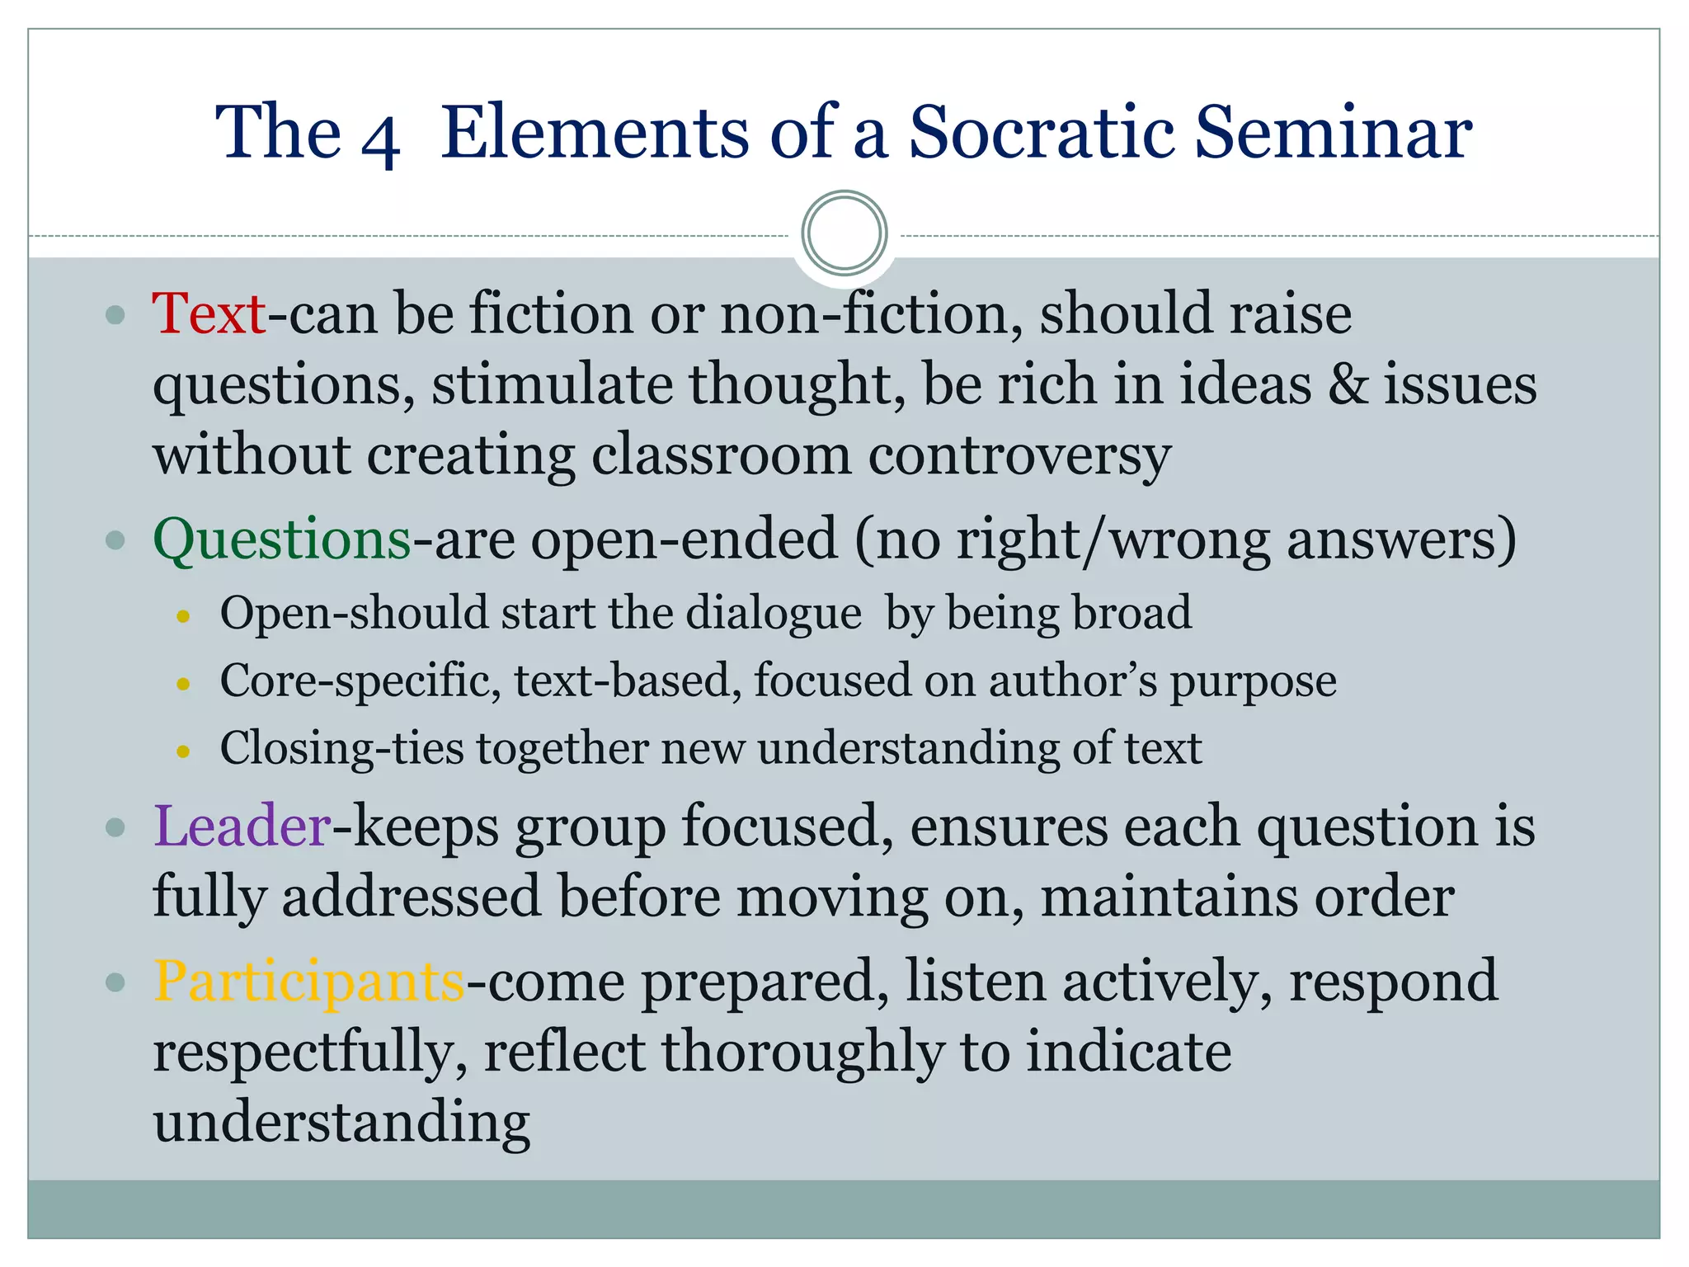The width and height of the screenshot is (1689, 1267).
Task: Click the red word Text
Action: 209,314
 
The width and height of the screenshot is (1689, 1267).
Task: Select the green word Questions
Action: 282,540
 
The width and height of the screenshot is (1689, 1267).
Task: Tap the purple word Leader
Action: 242,827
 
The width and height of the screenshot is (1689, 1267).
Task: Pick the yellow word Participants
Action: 309,982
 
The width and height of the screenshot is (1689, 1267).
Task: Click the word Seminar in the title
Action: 1333,132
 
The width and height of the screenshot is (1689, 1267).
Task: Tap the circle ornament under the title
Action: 844,233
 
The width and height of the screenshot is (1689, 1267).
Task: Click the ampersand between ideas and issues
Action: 1348,385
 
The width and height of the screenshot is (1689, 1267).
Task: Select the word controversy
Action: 1019,456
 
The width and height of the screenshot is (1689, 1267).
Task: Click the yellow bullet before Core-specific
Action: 184,684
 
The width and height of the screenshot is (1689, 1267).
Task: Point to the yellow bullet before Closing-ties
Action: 184,751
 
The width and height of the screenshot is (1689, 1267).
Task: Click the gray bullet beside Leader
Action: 115,827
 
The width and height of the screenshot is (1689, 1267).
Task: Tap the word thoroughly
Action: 802,1053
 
